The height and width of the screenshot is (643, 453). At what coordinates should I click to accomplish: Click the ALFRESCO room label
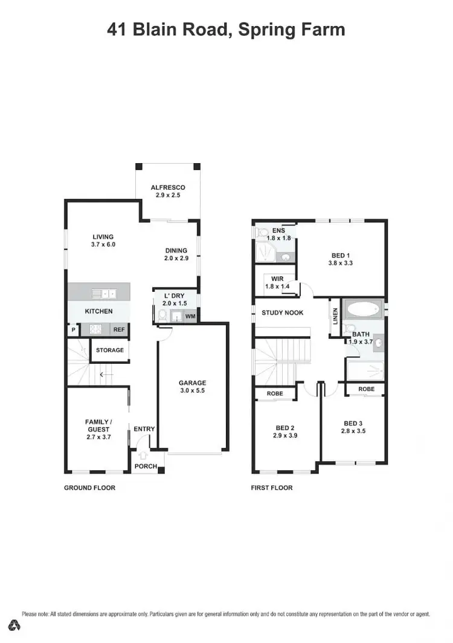[167, 187]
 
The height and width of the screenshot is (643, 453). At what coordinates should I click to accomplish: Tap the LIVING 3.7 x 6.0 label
[103, 241]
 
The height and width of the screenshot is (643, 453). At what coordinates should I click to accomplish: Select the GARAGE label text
[192, 383]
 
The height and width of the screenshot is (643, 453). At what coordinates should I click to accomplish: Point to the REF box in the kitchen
[120, 330]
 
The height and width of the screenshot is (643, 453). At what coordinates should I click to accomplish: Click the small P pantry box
[73, 330]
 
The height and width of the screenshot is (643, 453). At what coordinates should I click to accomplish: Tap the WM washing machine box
[190, 316]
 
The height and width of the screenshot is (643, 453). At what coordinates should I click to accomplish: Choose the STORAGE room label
[110, 350]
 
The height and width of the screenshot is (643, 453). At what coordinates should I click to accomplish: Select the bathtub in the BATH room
[362, 310]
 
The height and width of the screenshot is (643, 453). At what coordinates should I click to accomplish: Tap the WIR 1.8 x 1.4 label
[277, 282]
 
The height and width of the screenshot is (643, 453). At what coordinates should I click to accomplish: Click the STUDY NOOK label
[282, 312]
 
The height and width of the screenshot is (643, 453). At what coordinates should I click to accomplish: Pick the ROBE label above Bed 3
[366, 389]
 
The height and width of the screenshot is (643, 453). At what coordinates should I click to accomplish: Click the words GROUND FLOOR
[89, 488]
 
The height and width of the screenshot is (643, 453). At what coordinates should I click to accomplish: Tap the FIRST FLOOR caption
[272, 488]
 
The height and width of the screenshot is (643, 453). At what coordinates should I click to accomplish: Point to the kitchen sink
[104, 294]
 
